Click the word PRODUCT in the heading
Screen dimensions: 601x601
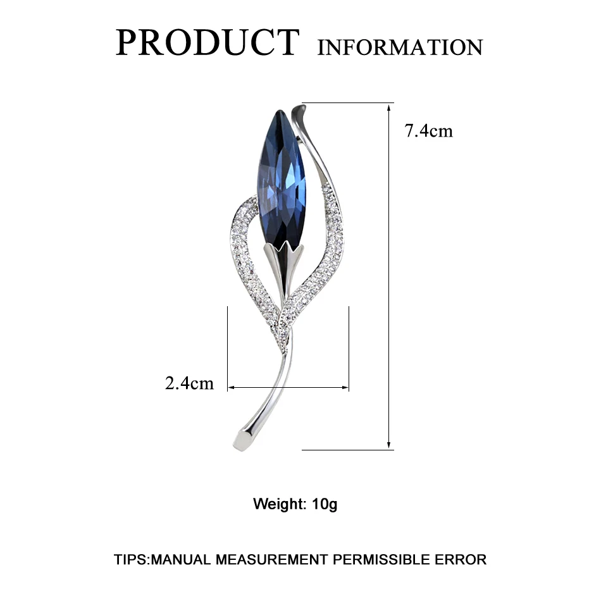pyautogui.click(x=206, y=43)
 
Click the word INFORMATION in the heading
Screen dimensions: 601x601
pyautogui.click(x=400, y=47)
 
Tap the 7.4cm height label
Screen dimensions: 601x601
pyautogui.click(x=429, y=131)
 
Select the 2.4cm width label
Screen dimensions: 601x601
pyautogui.click(x=189, y=383)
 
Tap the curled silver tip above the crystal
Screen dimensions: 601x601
pyautogui.click(x=300, y=118)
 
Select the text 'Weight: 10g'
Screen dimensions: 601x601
pyautogui.click(x=295, y=504)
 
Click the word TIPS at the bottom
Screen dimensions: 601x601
pyautogui.click(x=131, y=559)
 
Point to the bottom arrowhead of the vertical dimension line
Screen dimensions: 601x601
pyautogui.click(x=389, y=446)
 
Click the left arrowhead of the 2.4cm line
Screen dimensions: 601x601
pyautogui.click(x=230, y=387)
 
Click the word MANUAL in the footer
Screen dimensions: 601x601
pyautogui.click(x=183, y=559)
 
